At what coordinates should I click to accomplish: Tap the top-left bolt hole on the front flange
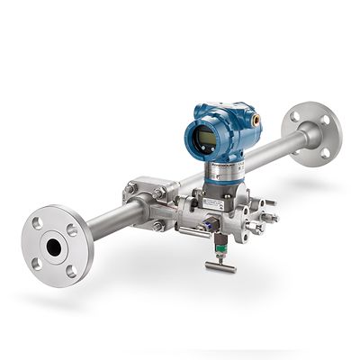pyautogui.click(x=37, y=222)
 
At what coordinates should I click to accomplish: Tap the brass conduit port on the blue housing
pyautogui.click(x=257, y=117)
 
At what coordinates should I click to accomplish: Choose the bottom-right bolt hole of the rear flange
pyautogui.click(x=325, y=152)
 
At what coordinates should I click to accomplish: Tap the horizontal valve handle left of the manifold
pyautogui.click(x=160, y=232)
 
